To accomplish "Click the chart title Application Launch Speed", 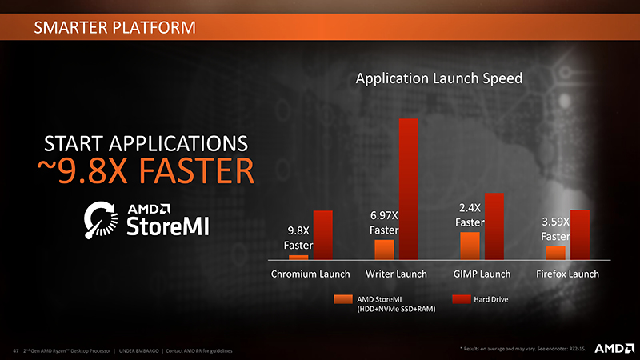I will (438, 78).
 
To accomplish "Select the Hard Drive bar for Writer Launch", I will (409, 189).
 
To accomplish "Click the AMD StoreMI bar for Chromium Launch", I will (298, 258).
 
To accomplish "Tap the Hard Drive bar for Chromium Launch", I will (322, 235).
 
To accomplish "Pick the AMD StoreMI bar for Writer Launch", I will (385, 250).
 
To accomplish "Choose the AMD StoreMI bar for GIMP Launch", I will (470, 246).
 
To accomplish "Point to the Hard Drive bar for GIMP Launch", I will (494, 226).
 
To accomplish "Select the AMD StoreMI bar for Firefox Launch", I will (555, 253).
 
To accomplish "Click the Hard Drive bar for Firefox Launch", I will (579, 235).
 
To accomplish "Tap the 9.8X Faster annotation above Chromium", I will (298, 238).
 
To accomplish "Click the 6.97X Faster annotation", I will (384, 222).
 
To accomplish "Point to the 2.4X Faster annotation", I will (470, 214).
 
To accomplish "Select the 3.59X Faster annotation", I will (555, 229).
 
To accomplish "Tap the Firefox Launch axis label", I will (567, 274).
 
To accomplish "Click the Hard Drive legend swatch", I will (460, 299).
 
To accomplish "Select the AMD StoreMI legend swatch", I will (342, 299).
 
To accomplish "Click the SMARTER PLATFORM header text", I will (114, 30).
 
